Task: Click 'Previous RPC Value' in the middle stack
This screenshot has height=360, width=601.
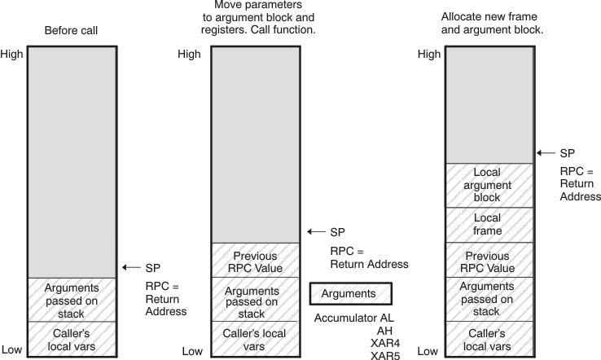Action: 257,261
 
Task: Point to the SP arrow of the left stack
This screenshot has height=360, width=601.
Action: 130,267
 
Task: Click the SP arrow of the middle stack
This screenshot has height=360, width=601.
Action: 316,232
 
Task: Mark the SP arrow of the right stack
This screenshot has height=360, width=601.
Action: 546,152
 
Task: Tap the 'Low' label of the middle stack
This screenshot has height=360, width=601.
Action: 191,351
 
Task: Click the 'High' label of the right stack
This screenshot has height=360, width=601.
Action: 428,55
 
